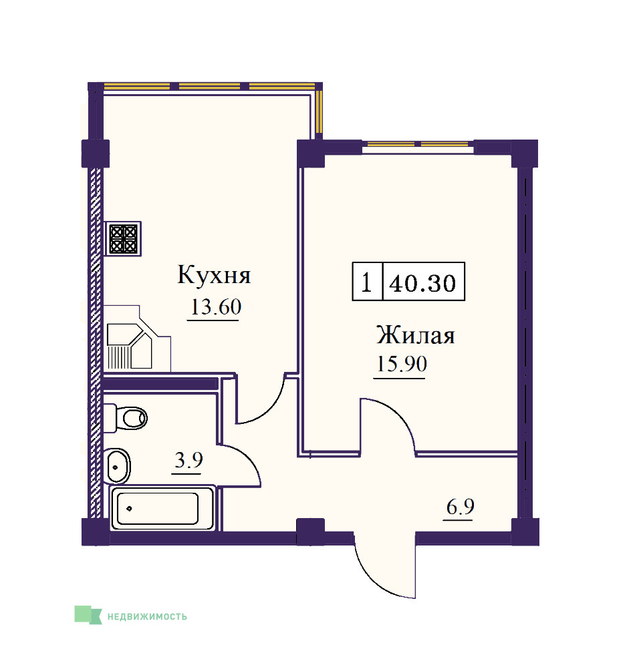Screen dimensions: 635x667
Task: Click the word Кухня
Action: point(214,275)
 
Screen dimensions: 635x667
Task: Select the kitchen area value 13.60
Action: point(216,306)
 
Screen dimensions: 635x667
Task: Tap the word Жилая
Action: point(416,335)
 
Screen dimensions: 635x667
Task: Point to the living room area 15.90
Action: point(402,364)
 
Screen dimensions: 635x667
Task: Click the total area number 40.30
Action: point(422,283)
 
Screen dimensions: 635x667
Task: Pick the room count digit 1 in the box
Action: point(366,282)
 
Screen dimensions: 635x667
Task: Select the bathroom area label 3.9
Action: point(188,460)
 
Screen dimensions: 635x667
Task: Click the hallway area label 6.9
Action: point(460,506)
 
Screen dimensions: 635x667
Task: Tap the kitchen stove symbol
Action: point(123,238)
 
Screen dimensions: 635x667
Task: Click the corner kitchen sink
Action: point(130,346)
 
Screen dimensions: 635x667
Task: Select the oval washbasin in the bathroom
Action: point(116,465)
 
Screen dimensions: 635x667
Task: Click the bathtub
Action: point(162,508)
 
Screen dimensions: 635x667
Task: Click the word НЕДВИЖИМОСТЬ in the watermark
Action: point(147,616)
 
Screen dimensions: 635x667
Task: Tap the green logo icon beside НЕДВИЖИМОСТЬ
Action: point(88,615)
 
